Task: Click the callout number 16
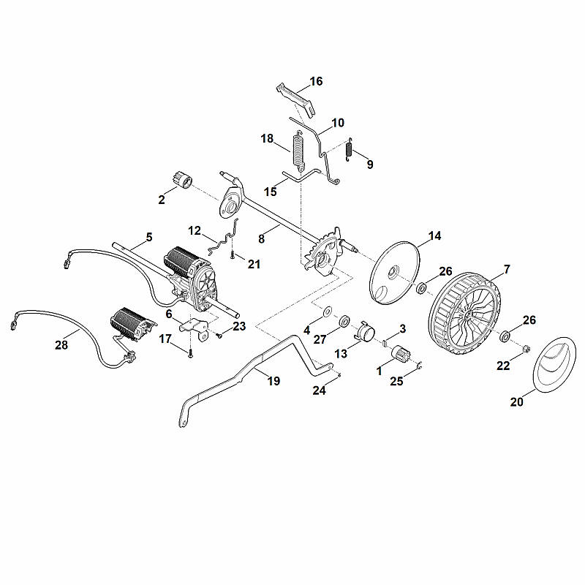pos(316,81)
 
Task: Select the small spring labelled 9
pos(350,149)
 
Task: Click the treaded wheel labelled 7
pos(464,314)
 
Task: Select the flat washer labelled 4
pos(328,310)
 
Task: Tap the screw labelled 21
pos(233,254)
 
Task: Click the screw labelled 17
pos(191,352)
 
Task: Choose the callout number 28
pos(61,344)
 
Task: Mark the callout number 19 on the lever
pos(273,381)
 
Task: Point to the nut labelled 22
pos(526,350)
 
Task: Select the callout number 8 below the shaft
pos(261,238)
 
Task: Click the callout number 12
pos(195,230)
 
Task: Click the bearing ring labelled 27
pos(344,321)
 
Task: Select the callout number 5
pos(149,237)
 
